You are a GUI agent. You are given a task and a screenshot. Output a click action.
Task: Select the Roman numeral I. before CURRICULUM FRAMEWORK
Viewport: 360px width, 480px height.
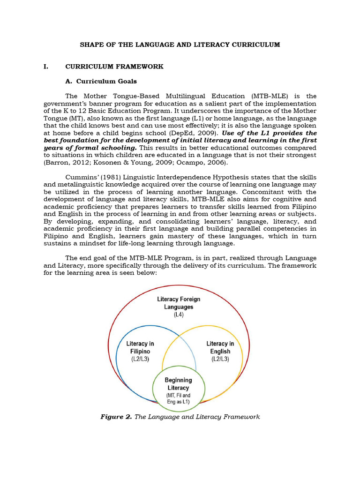pyautogui.click(x=45, y=67)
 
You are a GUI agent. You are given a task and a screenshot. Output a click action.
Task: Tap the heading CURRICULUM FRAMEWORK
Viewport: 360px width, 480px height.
pyautogui.click(x=114, y=67)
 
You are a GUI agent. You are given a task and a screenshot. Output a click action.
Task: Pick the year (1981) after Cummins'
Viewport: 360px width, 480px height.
pyautogui.click(x=111, y=177)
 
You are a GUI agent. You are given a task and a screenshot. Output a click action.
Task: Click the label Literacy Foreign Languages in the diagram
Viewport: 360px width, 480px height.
pyautogui.click(x=179, y=303)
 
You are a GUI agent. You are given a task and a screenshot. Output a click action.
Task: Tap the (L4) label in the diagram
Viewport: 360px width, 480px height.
pyautogui.click(x=179, y=315)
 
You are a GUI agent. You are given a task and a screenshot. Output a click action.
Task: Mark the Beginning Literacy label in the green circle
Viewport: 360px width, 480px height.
pyautogui.click(x=178, y=384)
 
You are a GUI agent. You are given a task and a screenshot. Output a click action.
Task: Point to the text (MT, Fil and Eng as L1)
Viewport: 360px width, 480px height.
pyautogui.click(x=178, y=398)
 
